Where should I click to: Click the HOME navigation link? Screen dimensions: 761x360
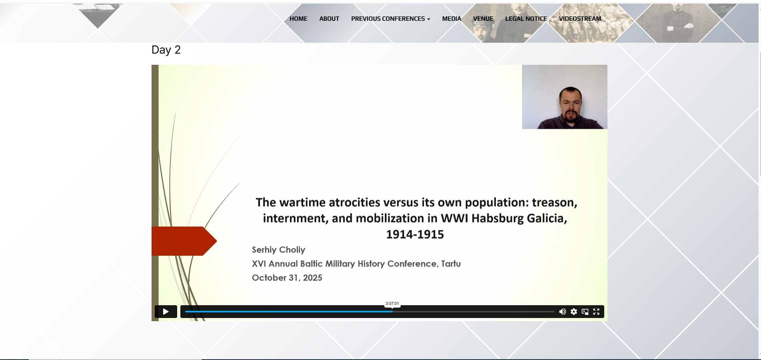[298, 19]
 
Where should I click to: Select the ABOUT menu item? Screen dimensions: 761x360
[329, 19]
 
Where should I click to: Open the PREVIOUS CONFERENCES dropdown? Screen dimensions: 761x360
[391, 19]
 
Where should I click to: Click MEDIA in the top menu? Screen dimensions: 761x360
[451, 19]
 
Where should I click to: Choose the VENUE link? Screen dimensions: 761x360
[483, 19]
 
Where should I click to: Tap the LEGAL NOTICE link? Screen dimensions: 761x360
[526, 19]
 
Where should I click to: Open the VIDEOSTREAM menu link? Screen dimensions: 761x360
[580, 19]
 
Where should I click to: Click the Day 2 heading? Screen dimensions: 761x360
[166, 50]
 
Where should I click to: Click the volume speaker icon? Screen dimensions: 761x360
[562, 312]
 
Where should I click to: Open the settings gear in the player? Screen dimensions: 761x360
[574, 312]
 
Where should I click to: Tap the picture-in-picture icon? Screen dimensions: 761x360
[585, 312]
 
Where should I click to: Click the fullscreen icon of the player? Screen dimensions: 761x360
[596, 312]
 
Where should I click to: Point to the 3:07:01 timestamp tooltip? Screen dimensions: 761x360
[392, 304]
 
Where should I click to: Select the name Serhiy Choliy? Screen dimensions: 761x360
[278, 250]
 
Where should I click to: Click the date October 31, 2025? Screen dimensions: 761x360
[287, 278]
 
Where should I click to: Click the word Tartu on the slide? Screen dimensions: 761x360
[451, 264]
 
